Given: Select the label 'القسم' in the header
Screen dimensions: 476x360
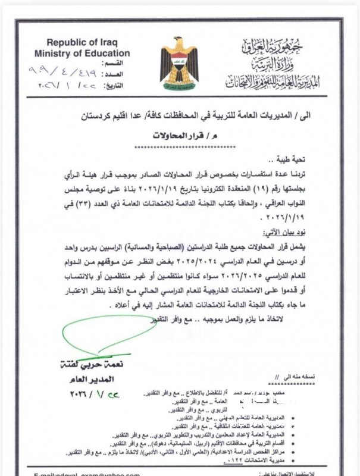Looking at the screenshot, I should [118, 64].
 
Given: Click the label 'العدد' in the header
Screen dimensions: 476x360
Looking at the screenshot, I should [118, 74].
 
